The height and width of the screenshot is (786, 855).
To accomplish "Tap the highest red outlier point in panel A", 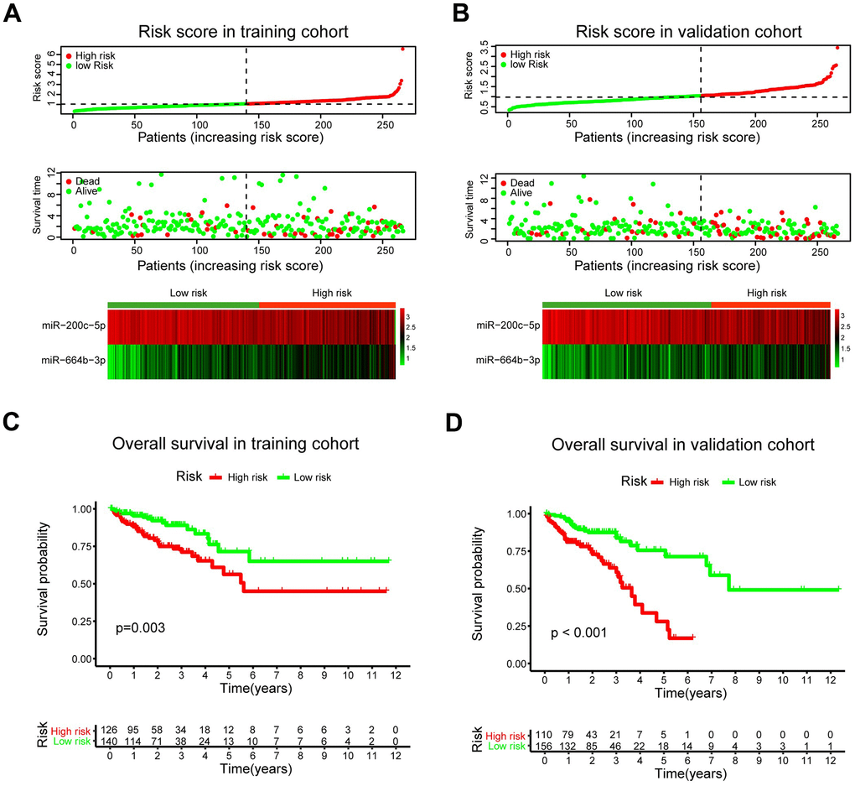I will [402, 49].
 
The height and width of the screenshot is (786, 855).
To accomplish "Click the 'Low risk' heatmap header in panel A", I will [184, 293].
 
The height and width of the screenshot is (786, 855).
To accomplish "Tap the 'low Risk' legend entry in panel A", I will [93, 65].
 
